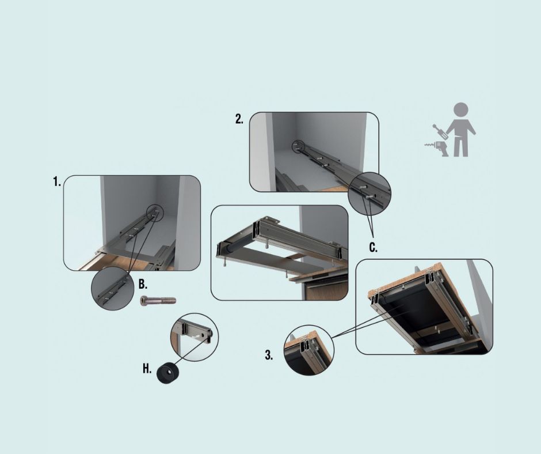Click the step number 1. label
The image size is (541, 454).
coord(57,181)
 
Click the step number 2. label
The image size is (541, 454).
coord(239,119)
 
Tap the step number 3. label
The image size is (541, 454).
coord(269,355)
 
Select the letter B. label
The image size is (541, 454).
coord(143,285)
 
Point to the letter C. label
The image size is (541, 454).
coord(374,247)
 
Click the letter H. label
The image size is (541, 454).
coord(147,369)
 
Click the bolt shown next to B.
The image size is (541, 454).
coord(158,301)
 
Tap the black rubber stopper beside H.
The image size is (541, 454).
coord(168,373)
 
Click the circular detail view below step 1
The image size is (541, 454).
coord(112,289)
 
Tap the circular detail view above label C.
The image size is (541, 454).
coord(369,194)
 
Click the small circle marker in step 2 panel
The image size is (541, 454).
coord(297,146)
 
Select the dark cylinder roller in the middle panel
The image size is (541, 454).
coord(232,248)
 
